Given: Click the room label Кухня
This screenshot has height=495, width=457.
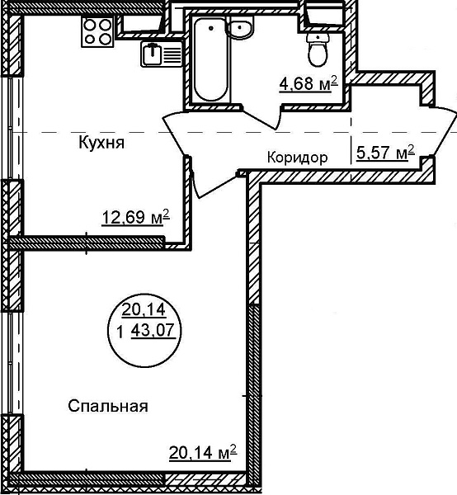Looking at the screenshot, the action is click(x=101, y=143).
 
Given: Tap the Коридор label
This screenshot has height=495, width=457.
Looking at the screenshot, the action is click(x=298, y=157).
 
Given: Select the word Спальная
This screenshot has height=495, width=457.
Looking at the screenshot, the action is click(x=108, y=406).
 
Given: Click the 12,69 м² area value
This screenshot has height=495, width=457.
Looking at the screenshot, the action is click(x=136, y=217).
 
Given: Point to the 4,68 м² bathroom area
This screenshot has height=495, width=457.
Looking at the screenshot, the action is click(x=309, y=83).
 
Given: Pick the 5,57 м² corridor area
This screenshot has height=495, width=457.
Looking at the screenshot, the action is click(x=385, y=153).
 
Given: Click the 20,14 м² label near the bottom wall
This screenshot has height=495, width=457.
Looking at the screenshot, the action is click(x=203, y=453).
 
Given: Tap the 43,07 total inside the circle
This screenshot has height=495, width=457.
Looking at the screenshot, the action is click(x=153, y=331).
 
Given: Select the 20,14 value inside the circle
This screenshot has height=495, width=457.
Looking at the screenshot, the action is click(x=144, y=309).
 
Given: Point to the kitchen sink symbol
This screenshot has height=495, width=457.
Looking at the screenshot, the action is click(x=162, y=54).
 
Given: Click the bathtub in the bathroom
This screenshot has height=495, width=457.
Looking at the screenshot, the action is click(x=210, y=59).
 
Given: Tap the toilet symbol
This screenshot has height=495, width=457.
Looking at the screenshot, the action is click(x=318, y=50).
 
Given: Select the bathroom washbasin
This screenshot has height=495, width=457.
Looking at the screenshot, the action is click(x=241, y=28).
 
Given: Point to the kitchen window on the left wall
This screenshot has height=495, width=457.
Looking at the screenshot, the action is click(x=12, y=128).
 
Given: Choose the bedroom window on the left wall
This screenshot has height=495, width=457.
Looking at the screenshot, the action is click(x=12, y=363).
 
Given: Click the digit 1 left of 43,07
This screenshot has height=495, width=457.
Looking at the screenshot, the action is click(x=120, y=332).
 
